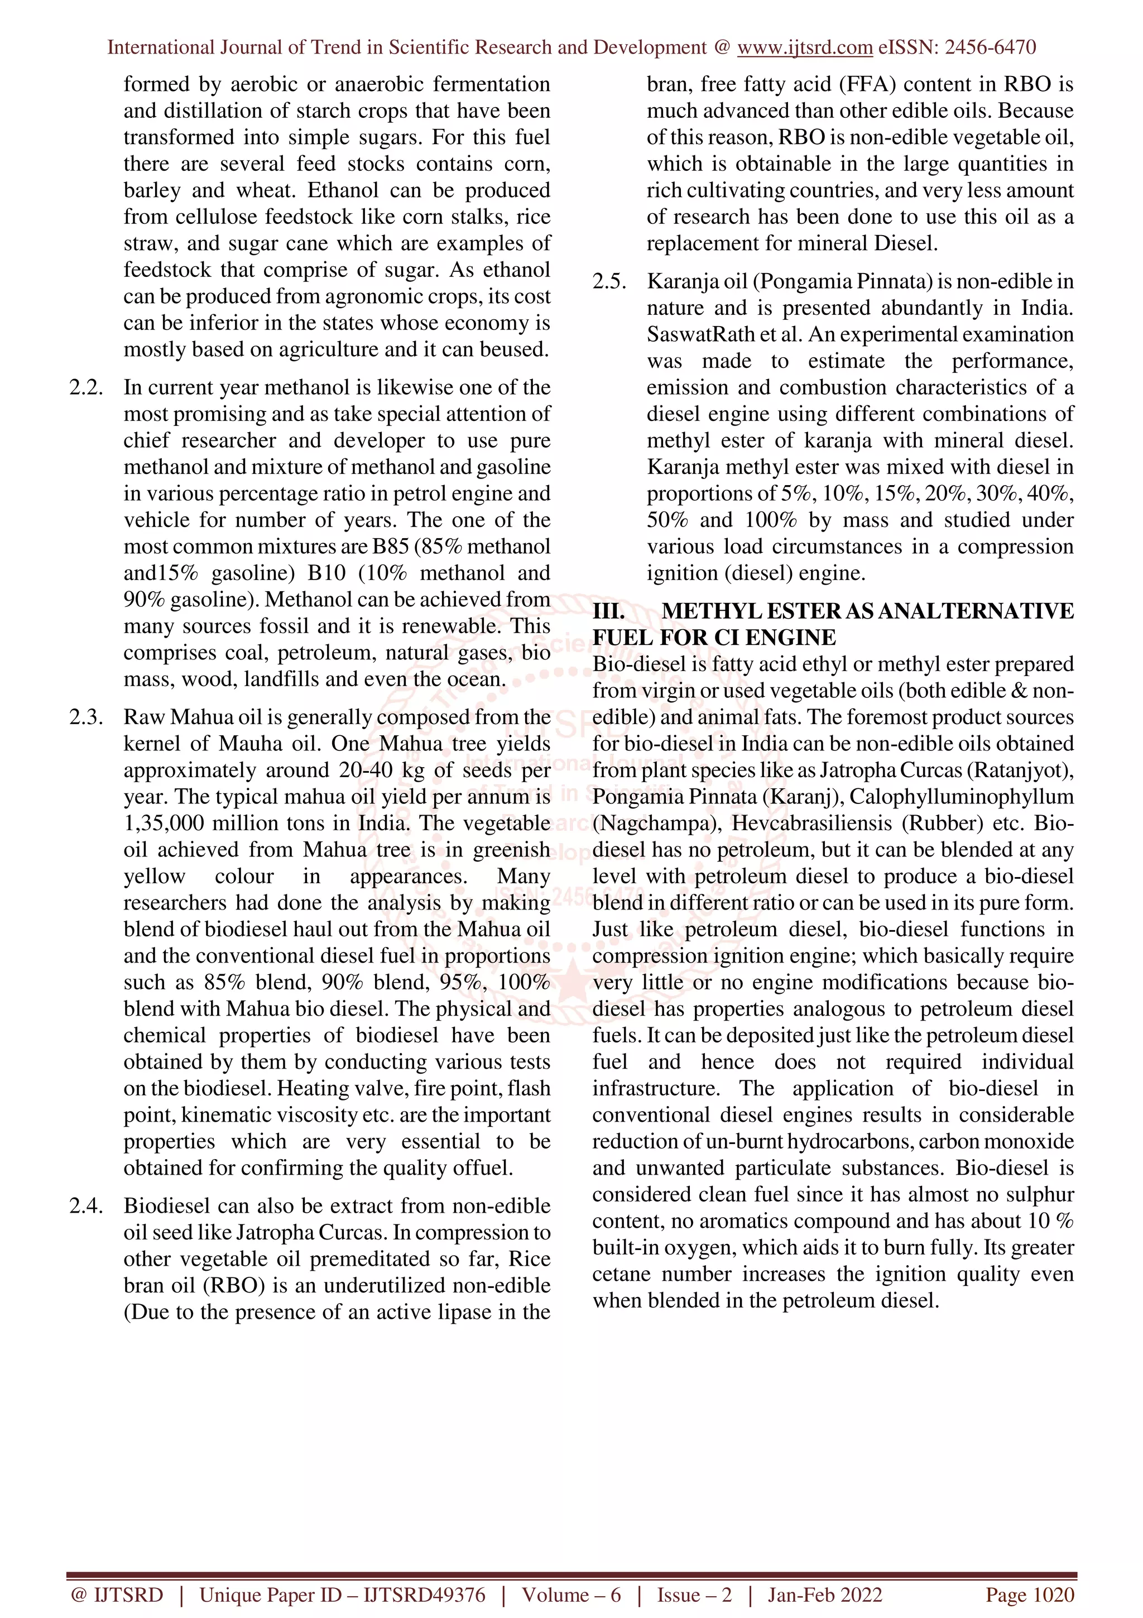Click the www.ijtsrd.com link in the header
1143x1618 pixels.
point(804,47)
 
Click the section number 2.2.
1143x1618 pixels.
point(86,387)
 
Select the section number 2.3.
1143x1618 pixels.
point(86,717)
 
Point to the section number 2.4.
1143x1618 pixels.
point(86,1206)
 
